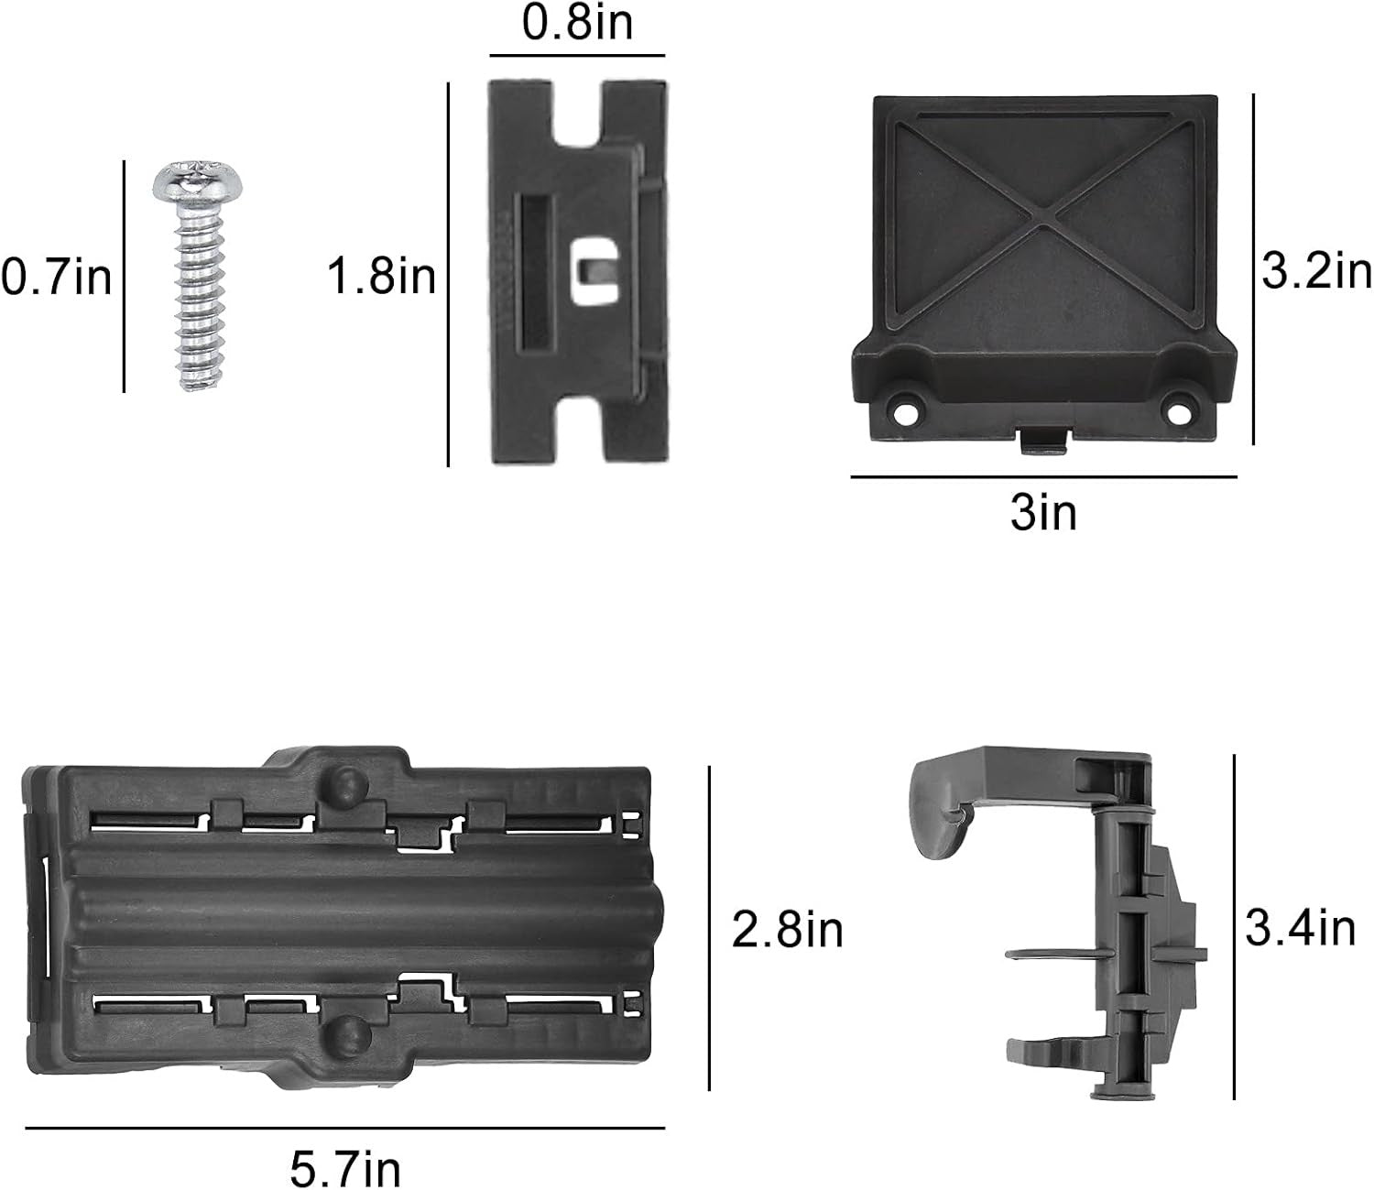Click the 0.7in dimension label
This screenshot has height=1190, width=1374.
tap(57, 278)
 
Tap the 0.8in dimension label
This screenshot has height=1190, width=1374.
tap(577, 23)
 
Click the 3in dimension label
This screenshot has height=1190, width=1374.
tap(1043, 513)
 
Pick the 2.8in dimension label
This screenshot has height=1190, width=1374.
tap(787, 930)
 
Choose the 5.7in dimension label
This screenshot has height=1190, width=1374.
tap(345, 1167)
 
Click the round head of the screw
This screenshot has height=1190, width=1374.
tap(198, 181)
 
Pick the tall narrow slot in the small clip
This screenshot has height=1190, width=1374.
tap(536, 273)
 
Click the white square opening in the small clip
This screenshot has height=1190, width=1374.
tap(595, 271)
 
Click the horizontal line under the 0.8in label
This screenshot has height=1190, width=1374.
tap(577, 55)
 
